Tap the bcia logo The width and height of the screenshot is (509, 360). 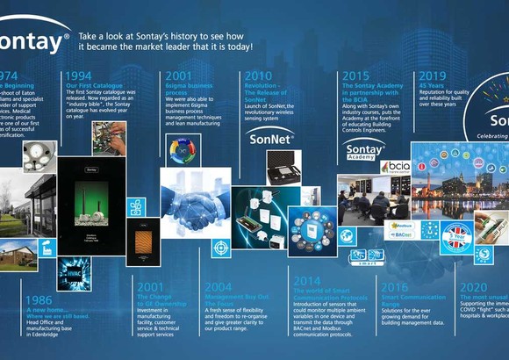396,166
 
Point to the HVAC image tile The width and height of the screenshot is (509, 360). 71,271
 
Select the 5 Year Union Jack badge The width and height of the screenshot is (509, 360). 456,236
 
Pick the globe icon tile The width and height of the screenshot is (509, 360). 348,235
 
